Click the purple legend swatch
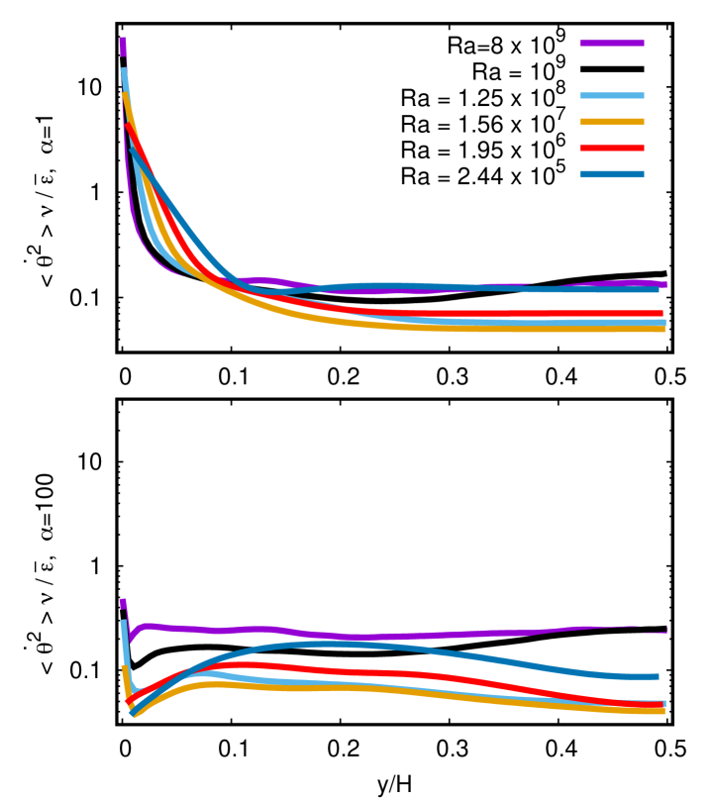click(x=612, y=44)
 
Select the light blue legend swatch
click(x=612, y=96)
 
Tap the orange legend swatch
click(x=612, y=122)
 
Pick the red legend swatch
click(x=612, y=149)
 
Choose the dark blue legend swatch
click(x=612, y=174)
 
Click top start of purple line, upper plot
click(x=123, y=41)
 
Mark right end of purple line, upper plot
click(x=665, y=284)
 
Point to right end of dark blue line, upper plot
click(x=658, y=289)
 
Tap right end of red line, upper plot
click(x=662, y=314)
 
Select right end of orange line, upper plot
click(x=664, y=329)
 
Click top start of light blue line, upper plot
click(x=124, y=70)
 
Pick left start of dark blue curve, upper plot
click(x=131, y=146)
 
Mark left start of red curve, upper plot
click(x=127, y=125)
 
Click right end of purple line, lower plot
click(x=665, y=630)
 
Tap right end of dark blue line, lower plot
click(x=658, y=676)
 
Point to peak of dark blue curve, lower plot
click(x=332, y=644)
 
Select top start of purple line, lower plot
click(x=123, y=601)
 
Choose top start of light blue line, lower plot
click(x=124, y=622)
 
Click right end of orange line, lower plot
click(x=664, y=711)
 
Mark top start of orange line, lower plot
click(x=124, y=667)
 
